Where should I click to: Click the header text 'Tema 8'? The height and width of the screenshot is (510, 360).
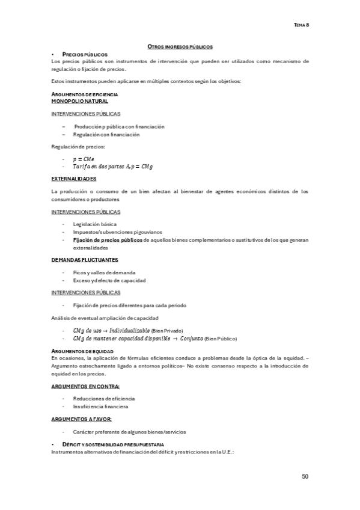301,25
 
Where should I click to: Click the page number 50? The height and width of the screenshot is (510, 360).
305,476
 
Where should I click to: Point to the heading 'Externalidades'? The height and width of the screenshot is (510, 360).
75,179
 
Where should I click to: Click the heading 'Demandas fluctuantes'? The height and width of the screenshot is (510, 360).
85,259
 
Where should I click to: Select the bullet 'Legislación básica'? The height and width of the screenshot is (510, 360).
95,224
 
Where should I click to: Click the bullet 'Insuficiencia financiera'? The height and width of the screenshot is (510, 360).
100,407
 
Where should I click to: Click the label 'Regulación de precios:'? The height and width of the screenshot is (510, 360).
78,146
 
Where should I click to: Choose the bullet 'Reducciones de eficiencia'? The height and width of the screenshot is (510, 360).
104,398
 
